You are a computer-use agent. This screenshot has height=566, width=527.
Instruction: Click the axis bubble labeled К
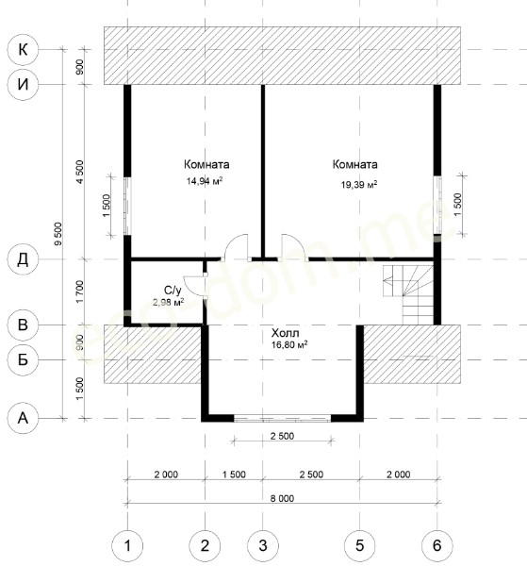click(23, 49)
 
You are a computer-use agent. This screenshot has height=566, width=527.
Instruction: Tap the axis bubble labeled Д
click(23, 259)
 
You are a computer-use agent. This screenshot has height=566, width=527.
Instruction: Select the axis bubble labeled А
click(23, 418)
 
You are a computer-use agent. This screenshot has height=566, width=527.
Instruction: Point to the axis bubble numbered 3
click(263, 545)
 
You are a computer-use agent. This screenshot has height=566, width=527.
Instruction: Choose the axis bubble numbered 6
click(437, 545)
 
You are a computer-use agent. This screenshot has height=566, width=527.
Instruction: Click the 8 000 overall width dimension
click(282, 498)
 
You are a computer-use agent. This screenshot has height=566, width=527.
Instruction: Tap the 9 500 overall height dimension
click(58, 234)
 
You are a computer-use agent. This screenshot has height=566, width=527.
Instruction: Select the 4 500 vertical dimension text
click(79, 172)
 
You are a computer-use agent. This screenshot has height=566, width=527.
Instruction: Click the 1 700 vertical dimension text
click(79, 291)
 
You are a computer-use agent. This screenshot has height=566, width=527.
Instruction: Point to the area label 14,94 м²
click(205, 181)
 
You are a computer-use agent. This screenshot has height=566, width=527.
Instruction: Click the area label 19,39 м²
click(359, 185)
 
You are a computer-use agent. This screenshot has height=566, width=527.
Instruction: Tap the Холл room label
click(285, 332)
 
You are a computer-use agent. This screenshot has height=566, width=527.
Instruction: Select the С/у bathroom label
click(173, 291)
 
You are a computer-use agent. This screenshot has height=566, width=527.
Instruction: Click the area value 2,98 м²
click(169, 302)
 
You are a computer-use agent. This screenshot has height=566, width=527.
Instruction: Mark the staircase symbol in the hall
click(408, 294)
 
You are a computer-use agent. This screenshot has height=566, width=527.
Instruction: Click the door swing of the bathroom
click(195, 287)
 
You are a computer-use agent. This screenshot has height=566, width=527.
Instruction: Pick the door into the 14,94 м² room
click(237, 247)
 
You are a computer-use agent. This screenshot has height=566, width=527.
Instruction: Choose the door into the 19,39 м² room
click(294, 247)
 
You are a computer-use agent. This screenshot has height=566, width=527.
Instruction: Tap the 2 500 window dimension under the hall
click(282, 436)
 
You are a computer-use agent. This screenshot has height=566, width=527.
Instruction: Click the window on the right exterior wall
click(437, 205)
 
